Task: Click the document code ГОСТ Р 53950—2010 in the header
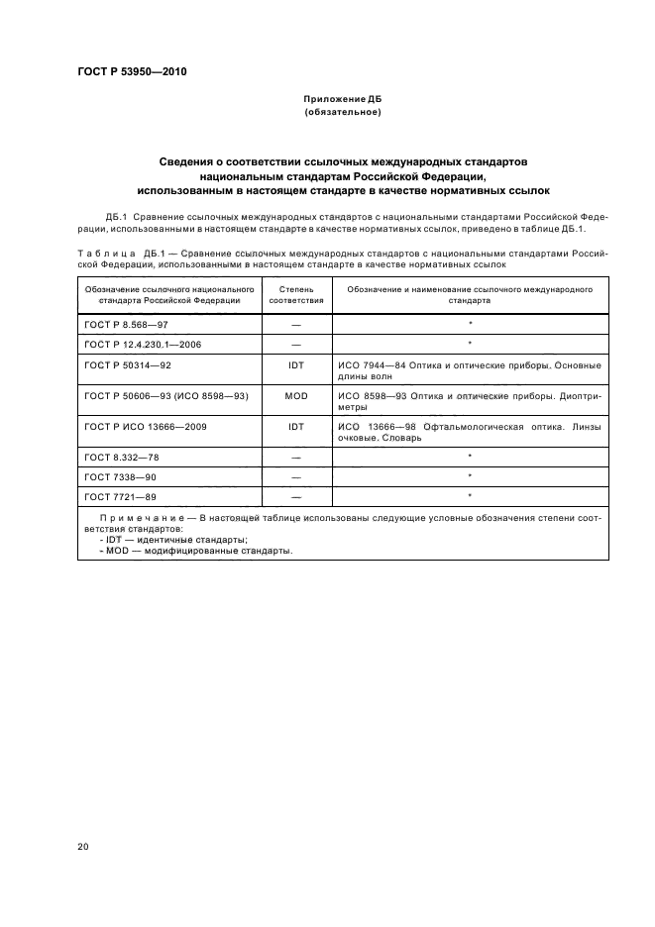click(x=131, y=72)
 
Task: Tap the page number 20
click(x=82, y=847)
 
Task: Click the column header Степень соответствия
click(x=296, y=294)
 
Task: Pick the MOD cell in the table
click(x=296, y=395)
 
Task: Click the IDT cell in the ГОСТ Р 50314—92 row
click(x=296, y=366)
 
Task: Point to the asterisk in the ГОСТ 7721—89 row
click(x=470, y=494)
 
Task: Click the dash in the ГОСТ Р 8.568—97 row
click(x=296, y=325)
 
